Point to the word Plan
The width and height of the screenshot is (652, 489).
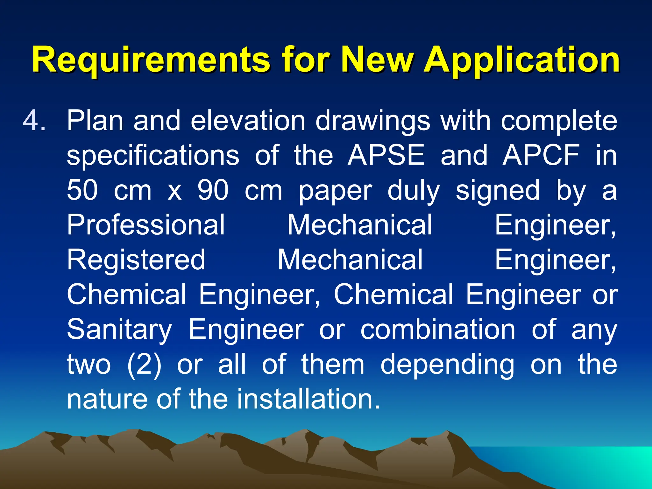[95, 121]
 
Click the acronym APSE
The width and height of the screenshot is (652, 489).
[386, 155]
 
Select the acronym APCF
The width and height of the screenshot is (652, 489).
[541, 155]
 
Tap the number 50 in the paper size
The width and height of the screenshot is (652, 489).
[82, 190]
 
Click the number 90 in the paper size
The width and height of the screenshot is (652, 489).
[213, 190]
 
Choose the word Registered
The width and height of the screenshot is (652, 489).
[136, 260]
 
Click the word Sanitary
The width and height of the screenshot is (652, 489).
[119, 330]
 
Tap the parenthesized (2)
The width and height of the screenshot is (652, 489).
[144, 365]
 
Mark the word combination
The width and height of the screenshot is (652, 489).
[438, 330]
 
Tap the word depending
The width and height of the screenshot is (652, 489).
[447, 365]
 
